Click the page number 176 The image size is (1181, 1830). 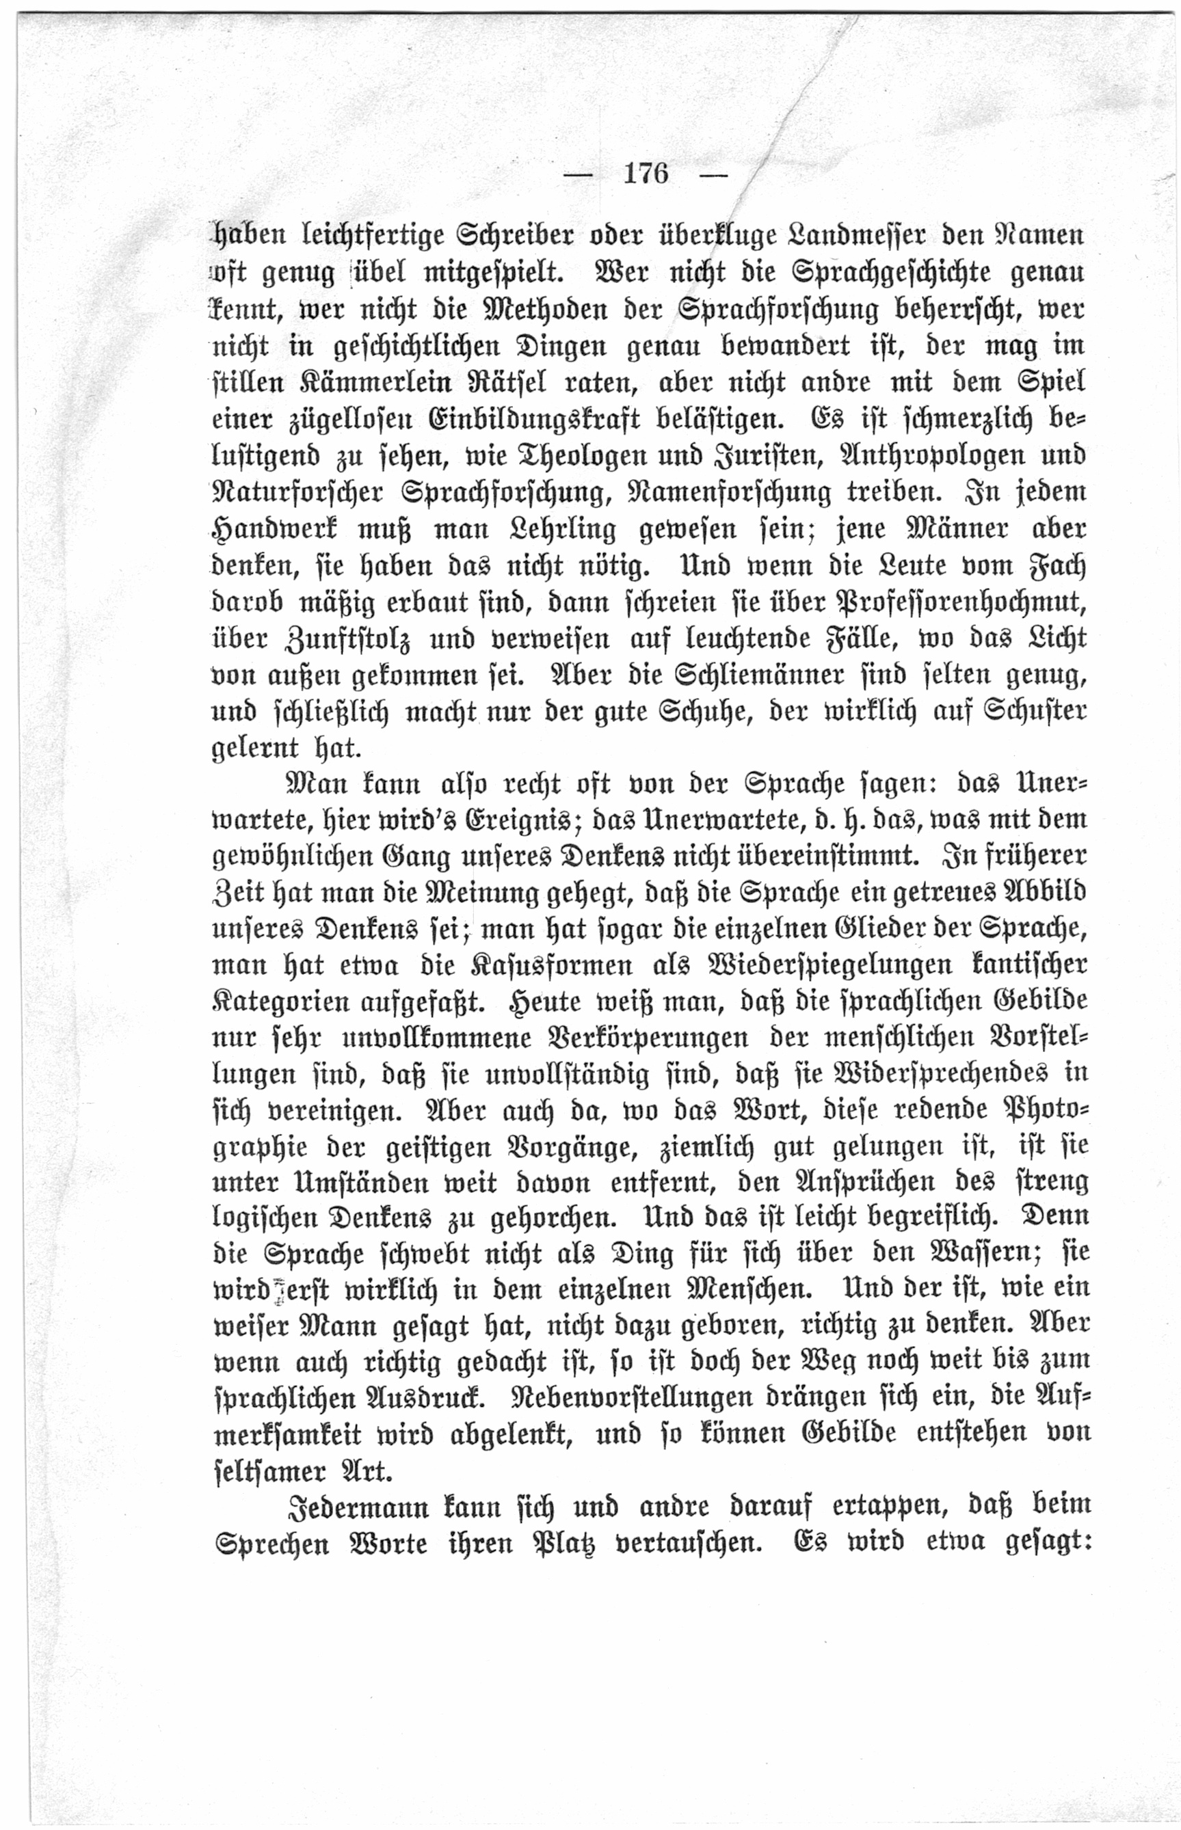[646, 175]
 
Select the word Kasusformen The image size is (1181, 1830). [545, 967]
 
